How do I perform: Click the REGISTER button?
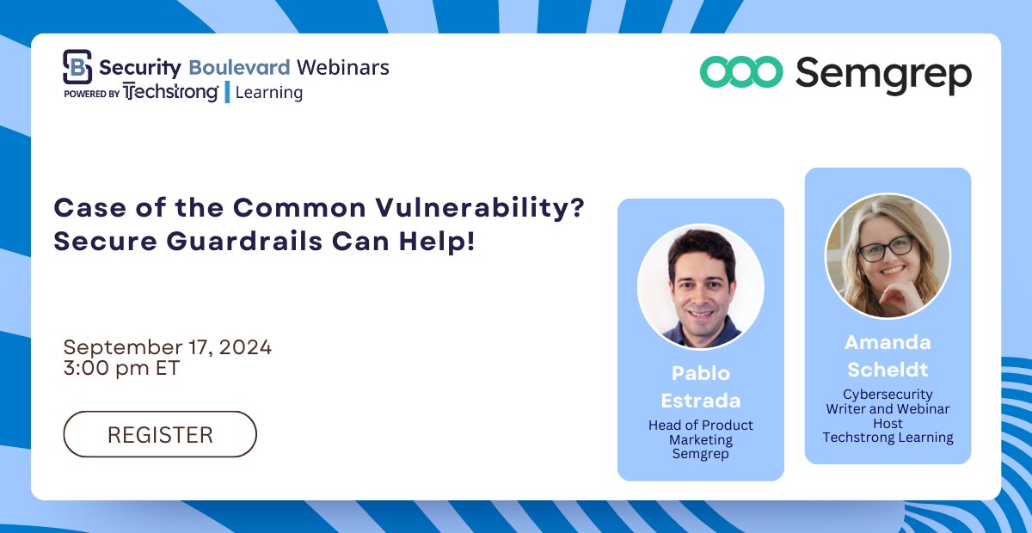160,434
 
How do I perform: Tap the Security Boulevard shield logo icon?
77,66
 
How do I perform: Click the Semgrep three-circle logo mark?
740,72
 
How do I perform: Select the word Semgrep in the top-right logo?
883,75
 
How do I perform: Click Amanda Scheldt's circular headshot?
888,255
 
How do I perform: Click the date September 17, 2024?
168,347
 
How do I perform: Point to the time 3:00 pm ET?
122,368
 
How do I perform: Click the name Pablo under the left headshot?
700,374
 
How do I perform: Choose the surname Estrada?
700,401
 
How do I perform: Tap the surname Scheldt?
888,369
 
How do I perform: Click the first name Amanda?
888,342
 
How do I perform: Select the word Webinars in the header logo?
342,66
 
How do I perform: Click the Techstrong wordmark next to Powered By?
170,92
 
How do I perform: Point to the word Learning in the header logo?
268,93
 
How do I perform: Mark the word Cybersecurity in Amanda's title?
888,395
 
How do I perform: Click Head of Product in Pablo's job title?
700,426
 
